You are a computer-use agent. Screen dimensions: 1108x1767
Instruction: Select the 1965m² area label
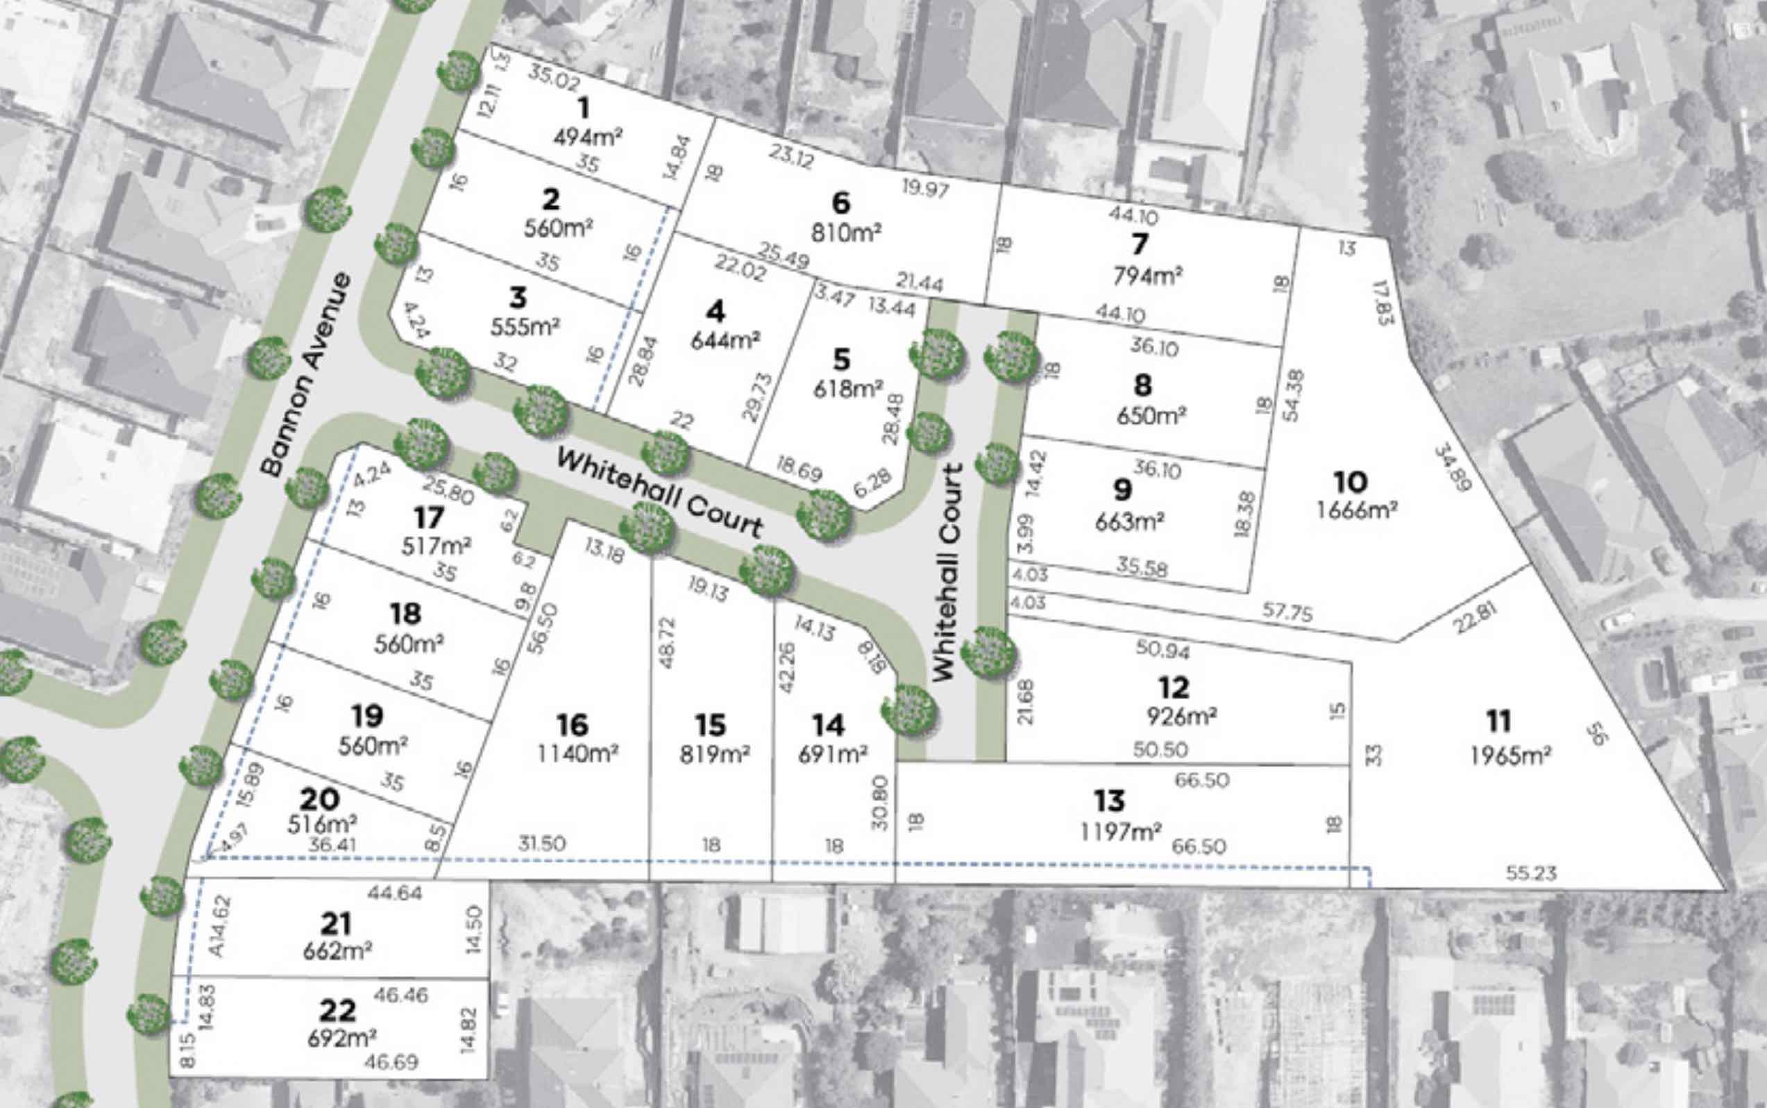point(1511,755)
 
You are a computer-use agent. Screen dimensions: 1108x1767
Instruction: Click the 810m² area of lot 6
point(846,233)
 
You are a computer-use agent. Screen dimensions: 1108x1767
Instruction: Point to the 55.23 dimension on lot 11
point(1531,873)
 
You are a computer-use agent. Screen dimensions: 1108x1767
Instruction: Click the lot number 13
point(1109,801)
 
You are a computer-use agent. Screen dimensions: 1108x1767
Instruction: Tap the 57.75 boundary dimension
point(1287,612)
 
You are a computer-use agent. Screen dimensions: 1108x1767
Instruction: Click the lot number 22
point(338,1011)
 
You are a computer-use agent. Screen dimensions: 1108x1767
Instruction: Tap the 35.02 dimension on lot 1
point(553,78)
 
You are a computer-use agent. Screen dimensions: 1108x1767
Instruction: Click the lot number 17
point(429,518)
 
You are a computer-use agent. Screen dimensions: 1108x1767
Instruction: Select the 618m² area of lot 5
point(848,389)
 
